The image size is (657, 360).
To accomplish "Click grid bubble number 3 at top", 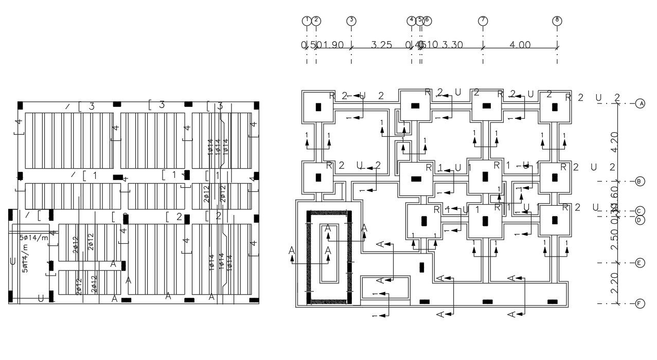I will [351, 21].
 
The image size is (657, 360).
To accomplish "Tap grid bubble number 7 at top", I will [483, 21].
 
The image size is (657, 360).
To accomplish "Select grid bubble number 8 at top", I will [557, 21].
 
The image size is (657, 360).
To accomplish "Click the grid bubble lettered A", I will [640, 103].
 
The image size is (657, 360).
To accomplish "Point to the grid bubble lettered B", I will [640, 181].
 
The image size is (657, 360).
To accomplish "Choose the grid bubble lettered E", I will [640, 263].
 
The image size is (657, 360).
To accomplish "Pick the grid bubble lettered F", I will [640, 303].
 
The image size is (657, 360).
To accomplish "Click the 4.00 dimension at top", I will [520, 45].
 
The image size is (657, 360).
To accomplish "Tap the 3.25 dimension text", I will [381, 45].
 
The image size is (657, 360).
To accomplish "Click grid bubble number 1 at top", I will [307, 21].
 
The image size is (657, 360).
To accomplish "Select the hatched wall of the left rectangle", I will [310, 257].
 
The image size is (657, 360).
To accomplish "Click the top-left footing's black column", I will [318, 107].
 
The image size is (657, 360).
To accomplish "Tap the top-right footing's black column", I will [555, 107].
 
